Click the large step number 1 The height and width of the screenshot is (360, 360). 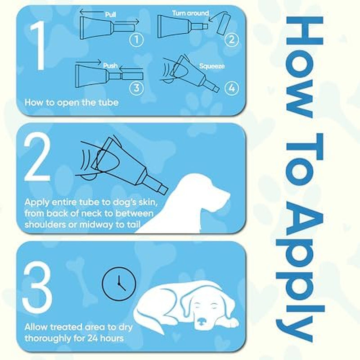(x=39, y=48)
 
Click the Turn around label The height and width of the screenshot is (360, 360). (x=190, y=13)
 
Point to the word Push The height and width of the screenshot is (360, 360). (x=110, y=66)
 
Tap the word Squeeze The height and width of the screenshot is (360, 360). (x=212, y=66)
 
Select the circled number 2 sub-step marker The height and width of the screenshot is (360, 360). (x=231, y=40)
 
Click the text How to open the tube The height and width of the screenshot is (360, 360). (x=72, y=102)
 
